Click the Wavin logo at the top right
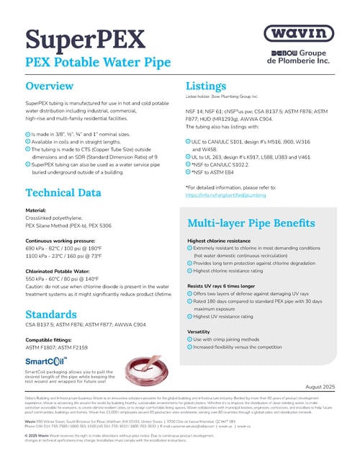click(298, 34)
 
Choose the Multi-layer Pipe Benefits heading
click(253, 223)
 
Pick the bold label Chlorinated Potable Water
click(57, 269)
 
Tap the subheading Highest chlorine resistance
click(219, 241)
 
